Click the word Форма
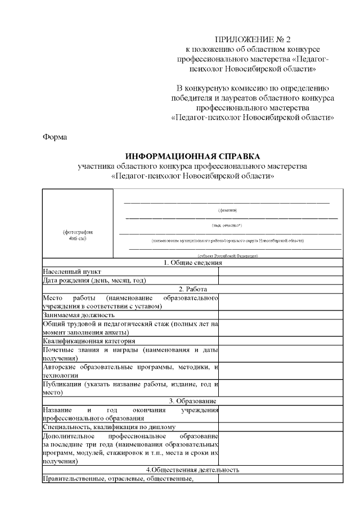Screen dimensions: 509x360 coord(55,137)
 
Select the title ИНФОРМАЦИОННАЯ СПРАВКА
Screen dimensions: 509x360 coord(193,156)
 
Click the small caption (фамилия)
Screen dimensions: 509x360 coord(227,210)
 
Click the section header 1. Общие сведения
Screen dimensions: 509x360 coord(193,262)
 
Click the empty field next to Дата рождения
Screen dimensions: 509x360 coord(280,280)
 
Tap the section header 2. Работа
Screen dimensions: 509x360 coord(193,289)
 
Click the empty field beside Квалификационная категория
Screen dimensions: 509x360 coord(280,341)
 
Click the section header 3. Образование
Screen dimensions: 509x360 coord(193,400)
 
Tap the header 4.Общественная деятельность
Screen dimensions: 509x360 coord(193,470)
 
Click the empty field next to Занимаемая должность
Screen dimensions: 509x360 coord(280,315)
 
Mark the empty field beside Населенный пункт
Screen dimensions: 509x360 coord(280,271)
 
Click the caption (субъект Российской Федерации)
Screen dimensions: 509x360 coord(228,256)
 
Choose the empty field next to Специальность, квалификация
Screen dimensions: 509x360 coord(280,427)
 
